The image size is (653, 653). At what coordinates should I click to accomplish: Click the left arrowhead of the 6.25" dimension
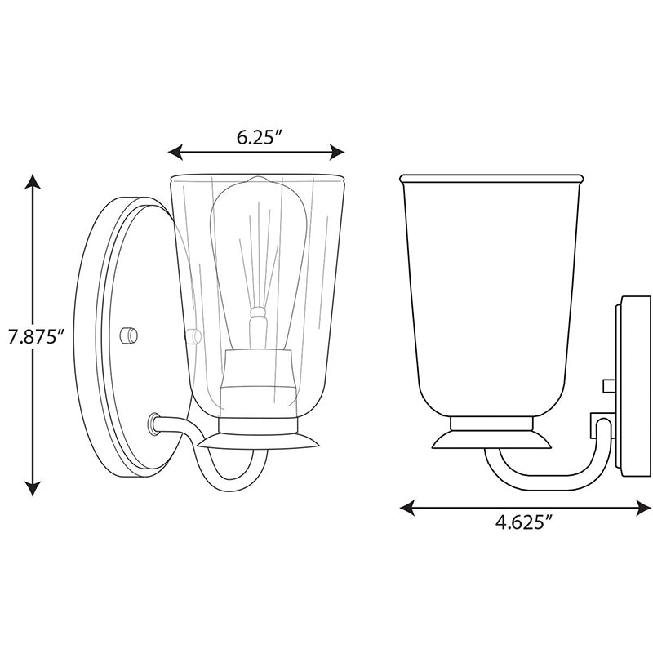pyautogui.click(x=175, y=152)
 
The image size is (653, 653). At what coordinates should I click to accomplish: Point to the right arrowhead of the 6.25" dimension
pyautogui.click(x=337, y=152)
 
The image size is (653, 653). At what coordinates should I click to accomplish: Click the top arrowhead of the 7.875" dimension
pyautogui.click(x=33, y=181)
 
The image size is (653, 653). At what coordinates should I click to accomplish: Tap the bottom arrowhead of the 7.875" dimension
pyautogui.click(x=33, y=488)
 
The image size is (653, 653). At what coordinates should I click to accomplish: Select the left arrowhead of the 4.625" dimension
pyautogui.click(x=407, y=508)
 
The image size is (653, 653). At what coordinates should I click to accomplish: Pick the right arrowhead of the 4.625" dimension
pyautogui.click(x=643, y=508)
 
